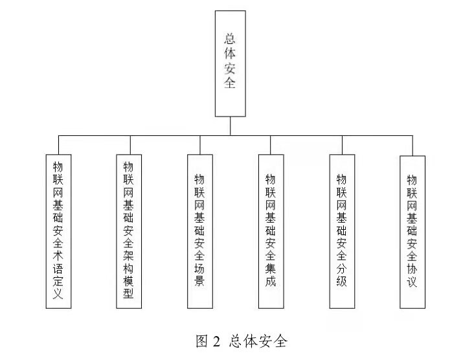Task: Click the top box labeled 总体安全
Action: click(230, 63)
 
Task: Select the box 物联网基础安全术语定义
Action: click(58, 231)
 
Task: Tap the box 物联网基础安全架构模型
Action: click(129, 231)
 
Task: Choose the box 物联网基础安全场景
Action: click(200, 231)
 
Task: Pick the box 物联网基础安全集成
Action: click(271, 231)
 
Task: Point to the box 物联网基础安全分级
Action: click(342, 231)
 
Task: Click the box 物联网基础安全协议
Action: click(412, 232)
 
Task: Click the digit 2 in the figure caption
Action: click(216, 342)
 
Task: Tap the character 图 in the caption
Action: click(202, 341)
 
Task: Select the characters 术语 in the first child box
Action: click(58, 262)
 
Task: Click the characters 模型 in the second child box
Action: click(128, 287)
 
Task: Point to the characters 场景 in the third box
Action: click(199, 275)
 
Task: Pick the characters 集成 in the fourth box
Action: click(271, 275)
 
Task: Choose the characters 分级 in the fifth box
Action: click(342, 275)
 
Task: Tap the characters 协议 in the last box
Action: click(412, 275)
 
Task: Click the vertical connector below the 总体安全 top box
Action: click(230, 126)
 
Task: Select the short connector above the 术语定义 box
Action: click(58, 145)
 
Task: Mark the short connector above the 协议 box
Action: click(412, 146)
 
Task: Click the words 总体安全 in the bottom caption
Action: click(258, 341)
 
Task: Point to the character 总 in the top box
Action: click(230, 39)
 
